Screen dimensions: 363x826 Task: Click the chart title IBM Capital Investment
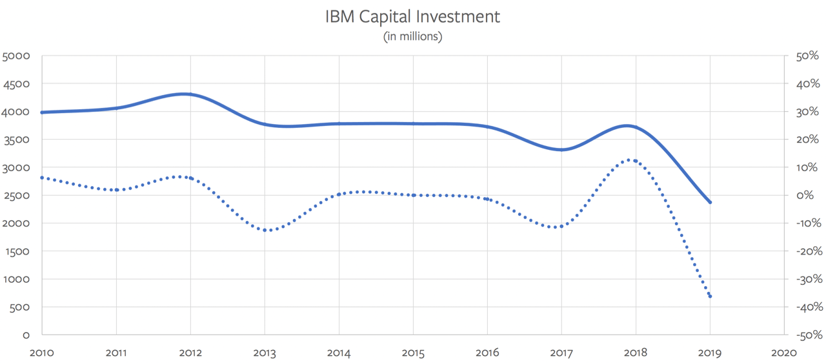tap(413, 17)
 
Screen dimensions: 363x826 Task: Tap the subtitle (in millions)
tap(413, 37)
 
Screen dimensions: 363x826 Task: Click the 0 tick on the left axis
tap(26, 335)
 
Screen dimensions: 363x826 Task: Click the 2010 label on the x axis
tap(42, 353)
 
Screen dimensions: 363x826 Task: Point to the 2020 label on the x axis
tap(784, 353)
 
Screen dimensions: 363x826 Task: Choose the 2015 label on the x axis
tap(413, 353)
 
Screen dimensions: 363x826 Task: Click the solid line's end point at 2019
tap(710, 202)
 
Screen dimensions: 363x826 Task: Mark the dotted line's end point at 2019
tap(710, 296)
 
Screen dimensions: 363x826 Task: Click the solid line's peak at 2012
tap(185, 94)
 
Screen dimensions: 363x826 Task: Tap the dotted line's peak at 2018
tap(632, 160)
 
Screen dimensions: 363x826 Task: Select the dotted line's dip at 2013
tap(266, 230)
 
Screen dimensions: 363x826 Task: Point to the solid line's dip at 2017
tap(561, 150)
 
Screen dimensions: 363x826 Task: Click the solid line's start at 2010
tap(42, 112)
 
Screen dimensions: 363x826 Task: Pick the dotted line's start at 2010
tap(42, 177)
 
